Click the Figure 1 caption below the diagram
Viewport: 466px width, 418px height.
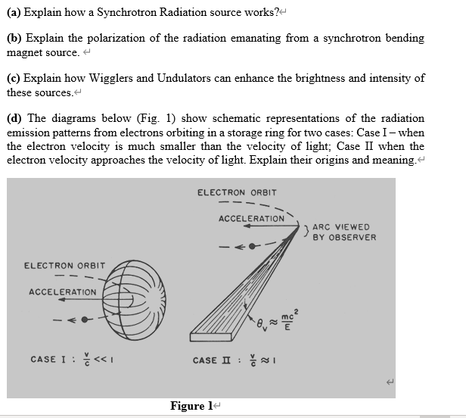(188, 406)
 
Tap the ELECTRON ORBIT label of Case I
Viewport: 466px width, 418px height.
(65, 266)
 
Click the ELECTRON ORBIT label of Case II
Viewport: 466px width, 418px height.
(237, 192)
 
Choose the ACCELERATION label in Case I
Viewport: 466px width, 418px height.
(62, 292)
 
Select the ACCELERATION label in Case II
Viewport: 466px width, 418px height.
(252, 218)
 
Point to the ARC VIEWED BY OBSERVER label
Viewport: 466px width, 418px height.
(343, 232)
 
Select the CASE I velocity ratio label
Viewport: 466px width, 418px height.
(73, 358)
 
